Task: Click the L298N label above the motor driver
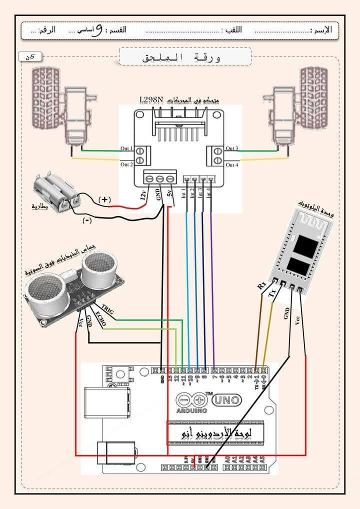151,99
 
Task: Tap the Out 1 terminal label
126,149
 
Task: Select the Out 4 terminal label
232,165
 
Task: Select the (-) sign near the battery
86,220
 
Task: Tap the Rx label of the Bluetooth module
261,286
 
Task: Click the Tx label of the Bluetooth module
271,293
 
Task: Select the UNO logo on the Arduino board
227,399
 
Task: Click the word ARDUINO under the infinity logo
191,410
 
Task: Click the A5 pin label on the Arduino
262,458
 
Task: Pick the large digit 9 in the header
98,30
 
